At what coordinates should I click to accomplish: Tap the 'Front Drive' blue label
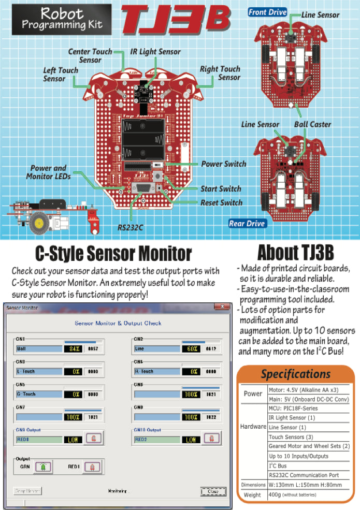(x=267, y=12)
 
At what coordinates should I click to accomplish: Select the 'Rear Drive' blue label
(x=248, y=224)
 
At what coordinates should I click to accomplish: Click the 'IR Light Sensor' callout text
(x=155, y=52)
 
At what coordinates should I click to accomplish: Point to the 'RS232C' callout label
(x=130, y=226)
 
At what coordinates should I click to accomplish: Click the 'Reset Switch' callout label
(x=221, y=202)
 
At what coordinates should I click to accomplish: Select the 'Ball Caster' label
(x=312, y=124)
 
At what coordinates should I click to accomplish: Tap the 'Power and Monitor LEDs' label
(x=48, y=172)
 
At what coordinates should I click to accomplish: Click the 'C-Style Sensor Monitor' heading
(x=113, y=254)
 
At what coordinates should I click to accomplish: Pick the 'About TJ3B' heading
(x=295, y=253)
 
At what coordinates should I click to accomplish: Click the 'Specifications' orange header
(x=295, y=374)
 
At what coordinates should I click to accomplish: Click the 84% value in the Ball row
(x=73, y=348)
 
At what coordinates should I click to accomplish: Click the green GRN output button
(x=43, y=467)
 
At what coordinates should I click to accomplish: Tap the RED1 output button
(x=92, y=467)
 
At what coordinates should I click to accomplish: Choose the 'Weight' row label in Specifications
(x=253, y=495)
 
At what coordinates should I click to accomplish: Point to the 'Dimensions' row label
(x=253, y=485)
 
